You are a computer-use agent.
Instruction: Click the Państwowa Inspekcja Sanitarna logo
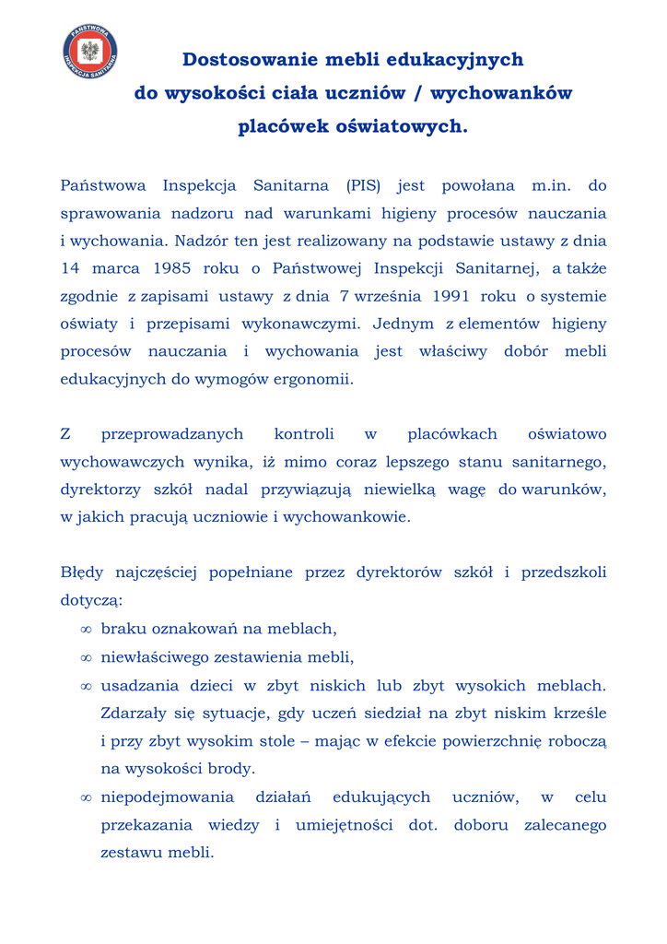click(x=90, y=53)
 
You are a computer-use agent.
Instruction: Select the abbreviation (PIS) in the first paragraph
click(x=364, y=185)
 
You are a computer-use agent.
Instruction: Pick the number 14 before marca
click(x=70, y=268)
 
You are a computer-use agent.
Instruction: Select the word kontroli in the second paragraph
click(x=304, y=433)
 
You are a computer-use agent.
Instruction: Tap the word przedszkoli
click(x=564, y=572)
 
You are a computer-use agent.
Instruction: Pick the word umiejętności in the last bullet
click(x=346, y=824)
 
